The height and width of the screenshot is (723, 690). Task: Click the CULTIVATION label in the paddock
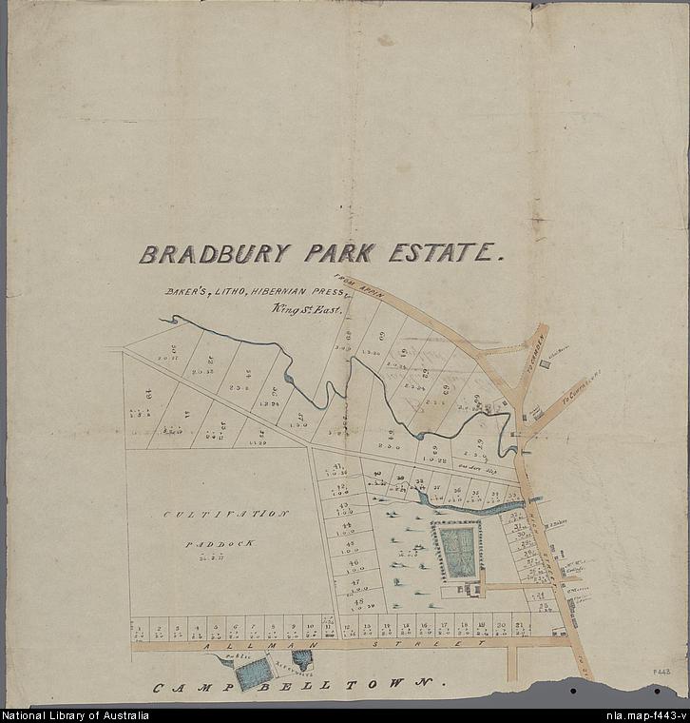click(225, 514)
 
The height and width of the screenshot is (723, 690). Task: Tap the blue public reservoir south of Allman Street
click(252, 674)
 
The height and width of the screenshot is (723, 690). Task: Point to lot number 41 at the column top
click(339, 467)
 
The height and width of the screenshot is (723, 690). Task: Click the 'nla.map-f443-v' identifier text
click(645, 715)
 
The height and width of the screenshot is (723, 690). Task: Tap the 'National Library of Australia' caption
click(75, 715)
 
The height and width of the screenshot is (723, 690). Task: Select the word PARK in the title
click(339, 253)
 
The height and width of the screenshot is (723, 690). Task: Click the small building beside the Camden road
click(536, 413)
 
